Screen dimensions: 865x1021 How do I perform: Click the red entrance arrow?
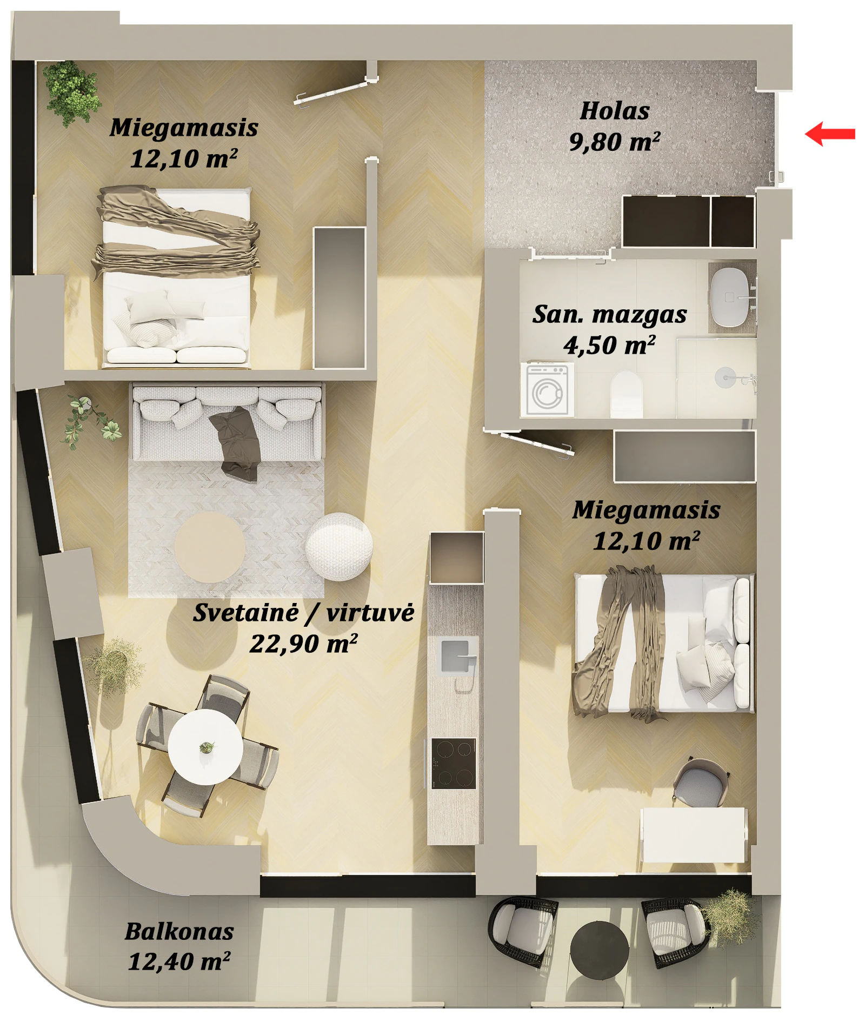(830, 134)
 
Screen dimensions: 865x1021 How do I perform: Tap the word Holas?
(615, 111)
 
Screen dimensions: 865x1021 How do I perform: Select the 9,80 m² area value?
(615, 142)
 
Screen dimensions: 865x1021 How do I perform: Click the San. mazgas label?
(610, 315)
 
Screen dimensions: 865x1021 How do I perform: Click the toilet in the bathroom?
(627, 394)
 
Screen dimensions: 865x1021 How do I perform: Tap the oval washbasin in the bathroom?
(729, 297)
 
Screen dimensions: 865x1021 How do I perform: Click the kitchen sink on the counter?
(456, 655)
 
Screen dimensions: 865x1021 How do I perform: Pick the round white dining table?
(205, 747)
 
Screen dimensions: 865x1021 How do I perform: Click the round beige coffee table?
(210, 547)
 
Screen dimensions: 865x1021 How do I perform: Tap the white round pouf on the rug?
(339, 546)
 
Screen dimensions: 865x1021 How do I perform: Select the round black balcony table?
(600, 950)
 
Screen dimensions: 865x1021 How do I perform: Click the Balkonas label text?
(179, 931)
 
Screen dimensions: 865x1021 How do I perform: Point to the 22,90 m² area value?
(303, 644)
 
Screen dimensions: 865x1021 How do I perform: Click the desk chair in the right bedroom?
(701, 784)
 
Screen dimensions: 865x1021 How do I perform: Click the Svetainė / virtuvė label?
(303, 613)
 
